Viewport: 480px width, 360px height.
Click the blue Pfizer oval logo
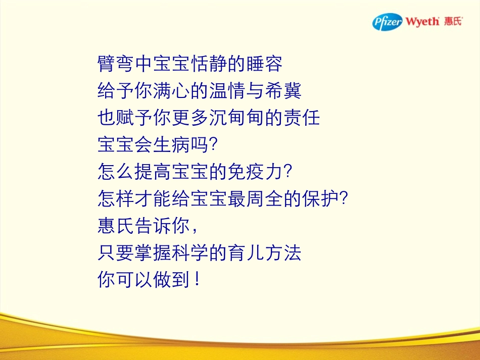click(388, 22)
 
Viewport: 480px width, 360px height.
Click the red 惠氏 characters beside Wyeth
click(453, 22)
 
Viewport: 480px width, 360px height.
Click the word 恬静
click(209, 64)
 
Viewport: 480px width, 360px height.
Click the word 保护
click(320, 199)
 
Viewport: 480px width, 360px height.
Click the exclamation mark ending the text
click(197, 280)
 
